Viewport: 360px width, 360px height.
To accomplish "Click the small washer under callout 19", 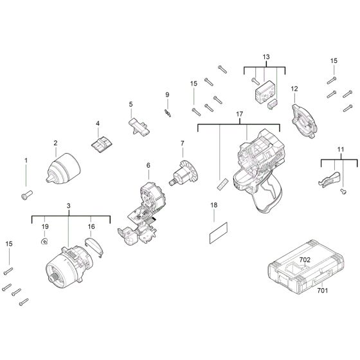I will tap(44, 242).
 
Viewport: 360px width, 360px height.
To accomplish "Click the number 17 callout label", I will tap(239, 114).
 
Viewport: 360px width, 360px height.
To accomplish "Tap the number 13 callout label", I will tap(265, 57).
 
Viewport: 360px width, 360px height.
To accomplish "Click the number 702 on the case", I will tap(323, 260).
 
